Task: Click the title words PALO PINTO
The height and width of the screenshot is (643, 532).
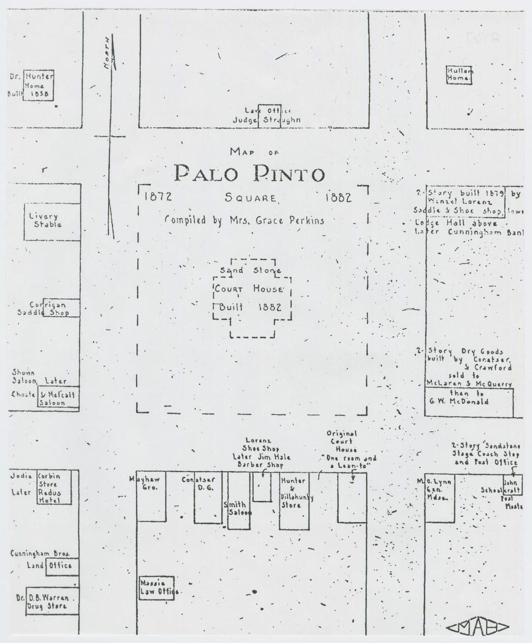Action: click(x=249, y=174)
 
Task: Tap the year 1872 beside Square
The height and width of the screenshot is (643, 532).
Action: click(x=158, y=197)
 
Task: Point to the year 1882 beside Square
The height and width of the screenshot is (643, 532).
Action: click(x=339, y=197)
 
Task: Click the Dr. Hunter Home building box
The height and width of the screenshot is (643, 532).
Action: click(x=39, y=86)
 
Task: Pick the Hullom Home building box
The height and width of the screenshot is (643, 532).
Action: click(x=459, y=75)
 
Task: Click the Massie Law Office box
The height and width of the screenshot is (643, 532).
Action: click(x=157, y=588)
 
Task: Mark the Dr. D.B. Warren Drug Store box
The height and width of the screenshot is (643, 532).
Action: click(x=52, y=602)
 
